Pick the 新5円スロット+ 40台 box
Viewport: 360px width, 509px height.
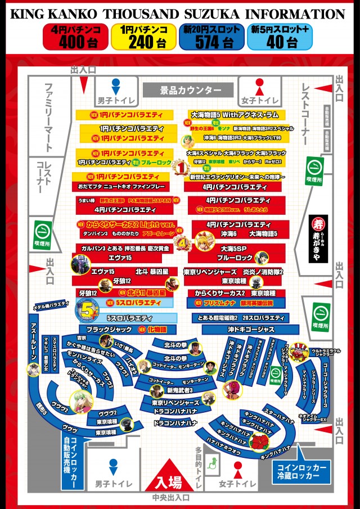[x=282, y=37]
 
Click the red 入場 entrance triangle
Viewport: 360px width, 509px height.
[x=168, y=477]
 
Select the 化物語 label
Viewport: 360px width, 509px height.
[x=156, y=328]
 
